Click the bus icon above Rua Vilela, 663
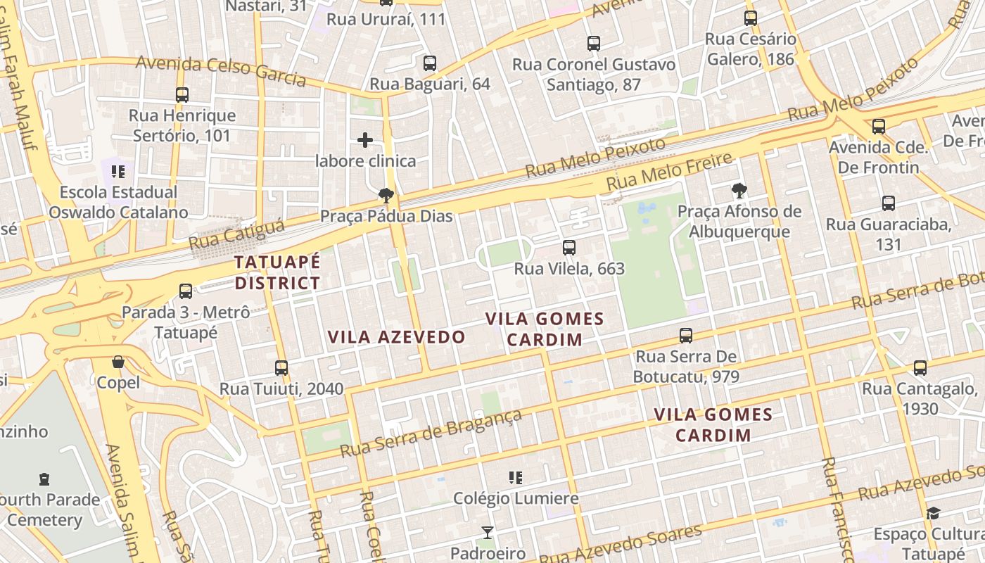(x=569, y=248)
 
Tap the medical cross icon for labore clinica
(x=365, y=140)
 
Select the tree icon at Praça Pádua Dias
(x=385, y=195)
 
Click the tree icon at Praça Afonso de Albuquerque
(x=738, y=190)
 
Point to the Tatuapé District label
(x=277, y=273)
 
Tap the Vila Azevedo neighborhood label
(x=397, y=337)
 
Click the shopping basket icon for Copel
(x=118, y=362)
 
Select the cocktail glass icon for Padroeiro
(x=487, y=532)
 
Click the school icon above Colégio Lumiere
(x=516, y=478)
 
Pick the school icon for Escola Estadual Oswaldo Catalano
(x=117, y=171)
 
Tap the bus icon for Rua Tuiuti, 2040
(x=281, y=367)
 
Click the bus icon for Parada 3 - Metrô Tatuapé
(x=186, y=291)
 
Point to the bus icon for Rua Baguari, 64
(x=430, y=63)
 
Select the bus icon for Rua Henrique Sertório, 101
(x=182, y=94)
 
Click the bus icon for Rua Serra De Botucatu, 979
(x=686, y=336)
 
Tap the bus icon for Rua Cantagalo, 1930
(x=920, y=367)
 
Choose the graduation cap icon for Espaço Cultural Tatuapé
(x=933, y=513)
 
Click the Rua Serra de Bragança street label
(x=431, y=432)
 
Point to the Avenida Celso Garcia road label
(x=221, y=71)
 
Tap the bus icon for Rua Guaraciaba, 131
(x=889, y=203)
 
